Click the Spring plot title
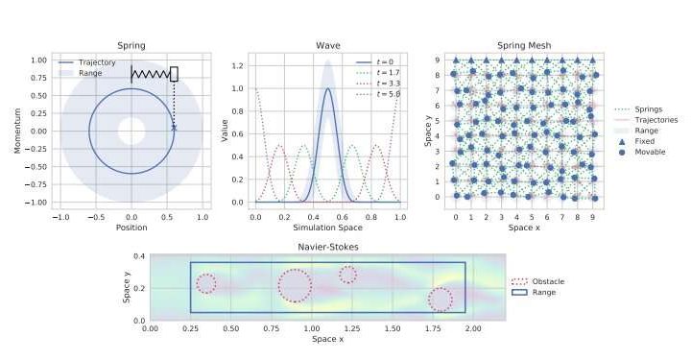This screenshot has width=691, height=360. (131, 45)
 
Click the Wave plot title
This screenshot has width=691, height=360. (327, 45)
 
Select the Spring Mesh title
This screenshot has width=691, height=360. (524, 45)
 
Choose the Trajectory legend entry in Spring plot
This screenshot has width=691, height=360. (96, 61)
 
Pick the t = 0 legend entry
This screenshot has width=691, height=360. (384, 61)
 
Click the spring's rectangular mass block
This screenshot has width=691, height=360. (174, 74)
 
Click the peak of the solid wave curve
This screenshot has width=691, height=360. (327, 89)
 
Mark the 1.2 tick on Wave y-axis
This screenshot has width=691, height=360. (238, 66)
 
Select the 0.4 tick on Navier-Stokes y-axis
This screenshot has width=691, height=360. (138, 256)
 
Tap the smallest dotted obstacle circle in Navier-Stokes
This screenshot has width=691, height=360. (347, 275)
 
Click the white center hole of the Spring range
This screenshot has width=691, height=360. (131, 131)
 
